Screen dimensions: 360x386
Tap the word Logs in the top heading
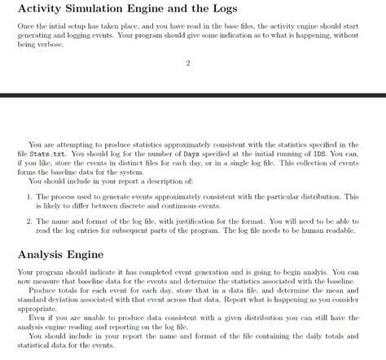point(257,9)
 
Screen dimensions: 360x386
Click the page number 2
point(188,65)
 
